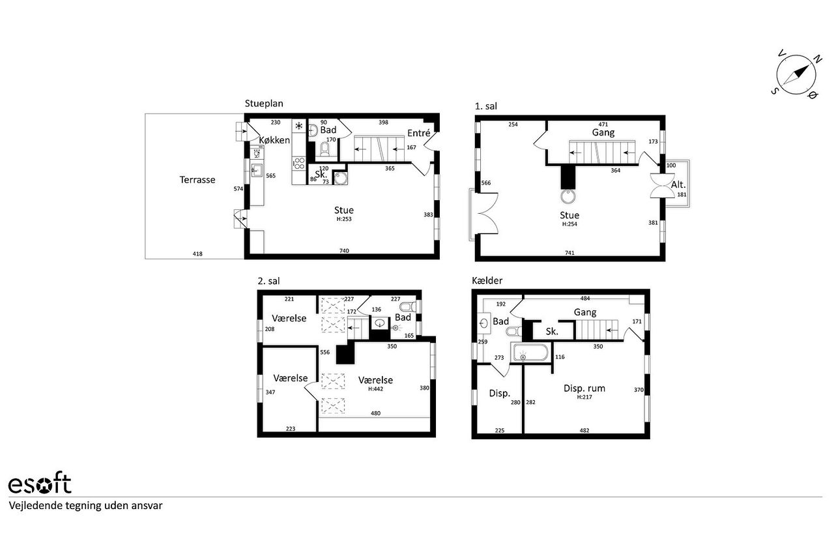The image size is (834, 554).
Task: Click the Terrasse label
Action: pos(197,180)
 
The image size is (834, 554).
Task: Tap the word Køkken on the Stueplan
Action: pos(274,140)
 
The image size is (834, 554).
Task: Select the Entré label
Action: pos(418,133)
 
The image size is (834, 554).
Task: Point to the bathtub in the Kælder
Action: pos(530,353)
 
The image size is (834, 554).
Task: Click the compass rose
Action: pos(796,75)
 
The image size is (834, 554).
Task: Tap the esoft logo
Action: pos(40,483)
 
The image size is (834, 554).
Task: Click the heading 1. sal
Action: pos(486,106)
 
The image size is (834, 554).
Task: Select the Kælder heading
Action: pos(487,280)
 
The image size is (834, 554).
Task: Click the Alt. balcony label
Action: pos(678,184)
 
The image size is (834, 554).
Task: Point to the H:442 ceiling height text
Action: pos(376,389)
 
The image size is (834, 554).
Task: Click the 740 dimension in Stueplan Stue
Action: pos(344,250)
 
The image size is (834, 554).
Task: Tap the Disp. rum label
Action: pos(584,388)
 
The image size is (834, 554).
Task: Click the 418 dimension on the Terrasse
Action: pos(197,254)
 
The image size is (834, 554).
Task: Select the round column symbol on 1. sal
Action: pos(568,197)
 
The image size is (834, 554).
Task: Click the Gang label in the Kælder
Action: pos(585,312)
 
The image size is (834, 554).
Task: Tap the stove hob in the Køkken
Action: pos(299,164)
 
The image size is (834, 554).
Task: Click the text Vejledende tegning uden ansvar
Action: pos(85,506)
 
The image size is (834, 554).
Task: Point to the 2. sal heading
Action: pos(268,281)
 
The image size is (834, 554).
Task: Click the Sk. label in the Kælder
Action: pos(552,331)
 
